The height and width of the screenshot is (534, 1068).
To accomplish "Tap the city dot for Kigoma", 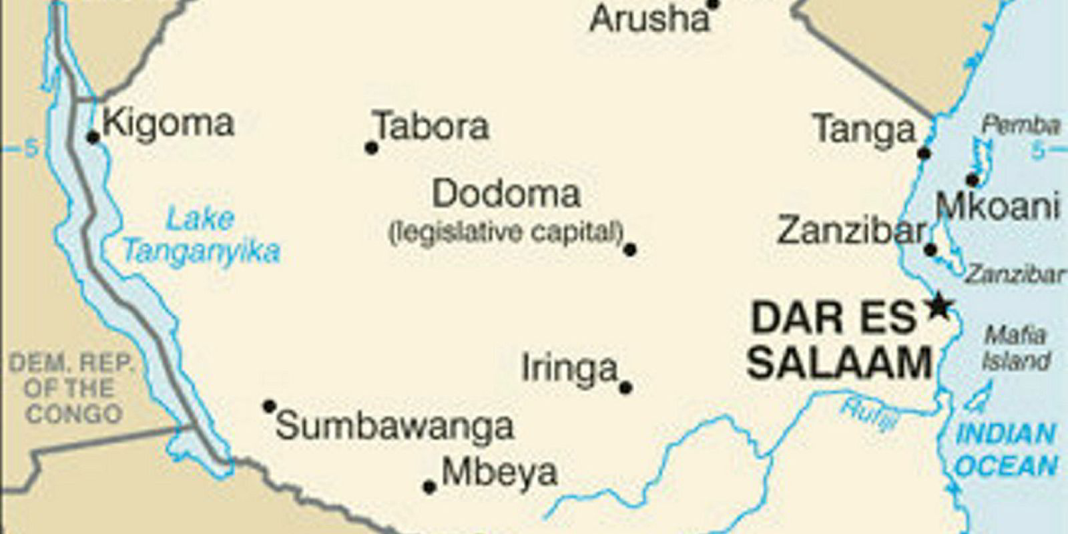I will point(93,138).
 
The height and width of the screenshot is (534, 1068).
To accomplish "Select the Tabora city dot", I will point(372,148).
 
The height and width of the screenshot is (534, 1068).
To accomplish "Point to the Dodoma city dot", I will point(629,250).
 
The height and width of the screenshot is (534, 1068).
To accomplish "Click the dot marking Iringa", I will point(625,387).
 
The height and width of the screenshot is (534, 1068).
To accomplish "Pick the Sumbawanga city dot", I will point(269,406).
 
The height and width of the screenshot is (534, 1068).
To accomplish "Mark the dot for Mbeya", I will point(430,487).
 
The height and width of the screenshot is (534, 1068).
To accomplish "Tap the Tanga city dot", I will point(924,154).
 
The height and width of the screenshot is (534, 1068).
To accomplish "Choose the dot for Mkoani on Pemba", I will point(973,180).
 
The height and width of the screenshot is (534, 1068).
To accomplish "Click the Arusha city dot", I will point(713,5).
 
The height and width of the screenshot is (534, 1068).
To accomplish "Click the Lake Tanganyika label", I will point(200,236).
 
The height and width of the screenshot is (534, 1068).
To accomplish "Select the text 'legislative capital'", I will point(506,232).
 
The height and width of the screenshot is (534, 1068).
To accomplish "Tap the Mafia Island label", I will point(1015,348).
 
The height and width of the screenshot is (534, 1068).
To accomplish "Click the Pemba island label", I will point(1020,125).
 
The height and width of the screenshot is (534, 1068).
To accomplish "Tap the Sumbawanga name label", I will point(394,427).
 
